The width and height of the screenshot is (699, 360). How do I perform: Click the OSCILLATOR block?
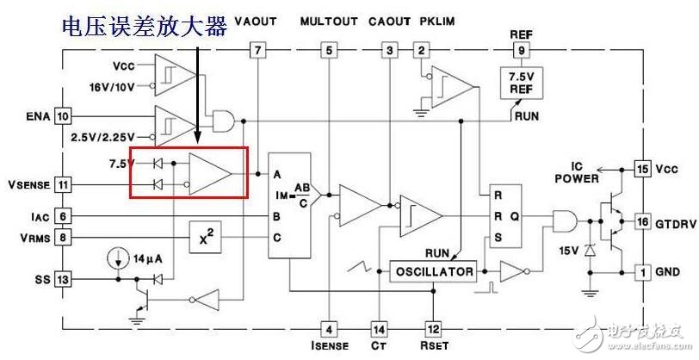click(x=434, y=272)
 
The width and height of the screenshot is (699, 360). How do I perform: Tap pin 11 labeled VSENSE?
click(x=62, y=183)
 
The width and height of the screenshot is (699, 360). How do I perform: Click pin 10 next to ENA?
click(x=62, y=115)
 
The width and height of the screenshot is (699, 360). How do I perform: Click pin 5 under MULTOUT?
click(x=327, y=50)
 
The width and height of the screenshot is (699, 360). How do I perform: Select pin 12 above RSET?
click(x=432, y=327)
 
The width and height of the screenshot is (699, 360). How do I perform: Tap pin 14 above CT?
click(x=379, y=327)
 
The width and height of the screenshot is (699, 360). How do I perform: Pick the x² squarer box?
click(x=207, y=237)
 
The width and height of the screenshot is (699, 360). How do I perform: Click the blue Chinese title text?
click(x=144, y=27)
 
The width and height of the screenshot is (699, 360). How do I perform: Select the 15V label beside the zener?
click(x=569, y=250)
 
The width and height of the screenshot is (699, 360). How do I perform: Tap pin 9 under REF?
click(x=521, y=50)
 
